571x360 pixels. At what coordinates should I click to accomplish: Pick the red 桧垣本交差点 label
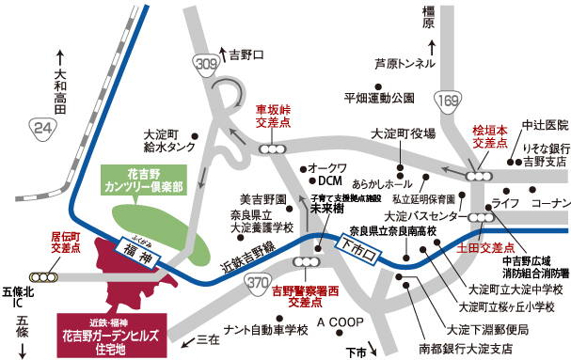tap(489, 136)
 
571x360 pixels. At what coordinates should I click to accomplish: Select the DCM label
tap(329, 180)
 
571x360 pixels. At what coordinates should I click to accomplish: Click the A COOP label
tap(341, 322)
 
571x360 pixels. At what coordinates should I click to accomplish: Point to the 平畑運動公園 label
tap(379, 97)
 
